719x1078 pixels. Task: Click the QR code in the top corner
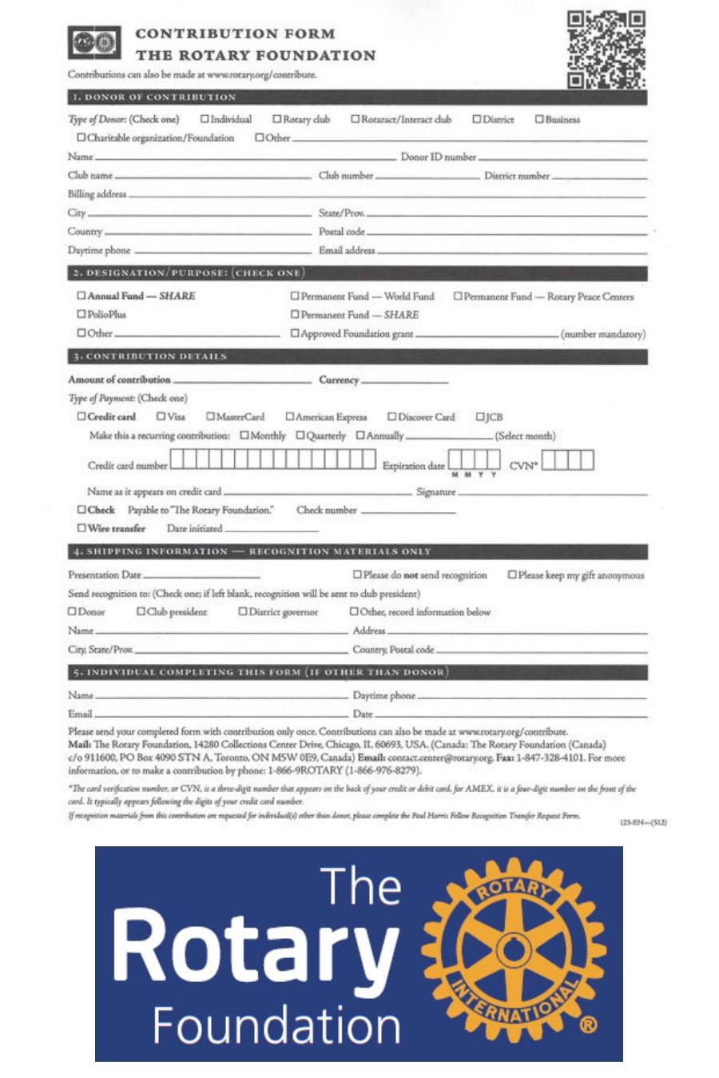606,49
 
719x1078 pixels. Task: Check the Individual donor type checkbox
205,119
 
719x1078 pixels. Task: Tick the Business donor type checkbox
539,119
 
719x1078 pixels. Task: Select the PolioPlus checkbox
81,314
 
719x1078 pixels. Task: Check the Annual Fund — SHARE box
81,296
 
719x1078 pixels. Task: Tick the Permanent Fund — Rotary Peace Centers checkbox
459,296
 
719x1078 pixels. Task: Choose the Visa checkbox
161,416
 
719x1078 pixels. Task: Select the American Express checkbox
290,416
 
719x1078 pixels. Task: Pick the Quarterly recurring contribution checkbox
300,436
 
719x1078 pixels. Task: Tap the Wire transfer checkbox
81,528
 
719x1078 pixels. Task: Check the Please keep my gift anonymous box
513,575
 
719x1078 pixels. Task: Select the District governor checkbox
243,612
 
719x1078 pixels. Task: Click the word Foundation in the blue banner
276,1025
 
